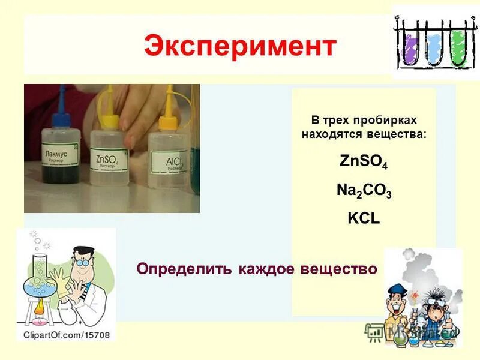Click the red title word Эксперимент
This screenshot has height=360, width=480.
coord(240,46)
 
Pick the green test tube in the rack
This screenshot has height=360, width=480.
coord(458,45)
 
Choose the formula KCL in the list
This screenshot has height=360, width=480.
coord(364,218)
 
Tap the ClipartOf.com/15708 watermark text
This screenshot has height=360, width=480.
coord(67,335)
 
